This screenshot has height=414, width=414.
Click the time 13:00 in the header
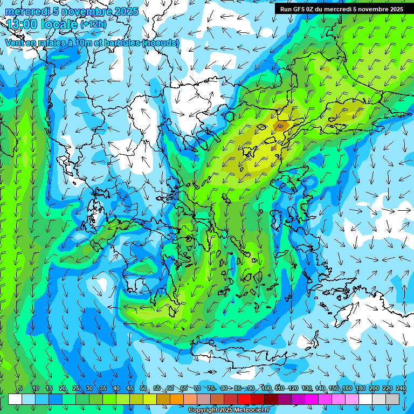point(23,24)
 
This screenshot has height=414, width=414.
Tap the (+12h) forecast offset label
point(93,24)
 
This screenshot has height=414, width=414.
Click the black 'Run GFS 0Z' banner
point(342,9)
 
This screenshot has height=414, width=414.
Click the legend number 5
point(20,388)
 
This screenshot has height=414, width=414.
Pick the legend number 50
point(143,388)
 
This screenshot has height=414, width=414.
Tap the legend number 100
point(266,388)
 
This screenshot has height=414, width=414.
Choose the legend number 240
point(401,388)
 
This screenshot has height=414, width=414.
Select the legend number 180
point(360,388)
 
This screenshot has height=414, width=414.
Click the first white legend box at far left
point(15,399)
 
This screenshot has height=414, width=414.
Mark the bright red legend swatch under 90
point(244,399)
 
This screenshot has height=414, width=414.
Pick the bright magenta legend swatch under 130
point(312,399)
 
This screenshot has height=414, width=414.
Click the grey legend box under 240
point(392,399)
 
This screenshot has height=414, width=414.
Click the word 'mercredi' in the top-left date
point(25,11)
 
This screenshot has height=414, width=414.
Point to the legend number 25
point(76,388)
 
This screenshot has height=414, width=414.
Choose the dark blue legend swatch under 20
point(56,399)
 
